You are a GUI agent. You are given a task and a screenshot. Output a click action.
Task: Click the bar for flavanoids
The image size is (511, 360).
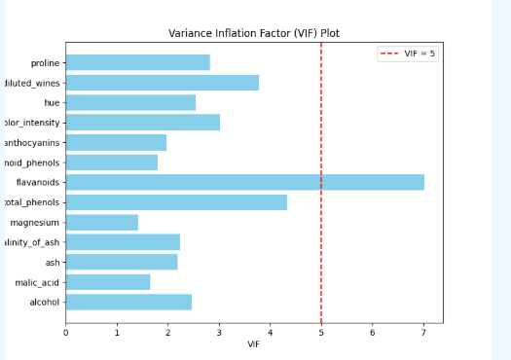pos(244,182)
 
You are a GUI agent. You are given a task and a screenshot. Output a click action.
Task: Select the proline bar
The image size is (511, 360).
pos(137,62)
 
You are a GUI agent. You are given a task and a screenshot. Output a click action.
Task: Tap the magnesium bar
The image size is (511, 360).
pos(102,222)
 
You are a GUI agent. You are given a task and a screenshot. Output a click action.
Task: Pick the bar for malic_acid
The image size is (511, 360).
pos(108,282)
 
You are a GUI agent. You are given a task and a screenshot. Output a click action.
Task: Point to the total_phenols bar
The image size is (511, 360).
pos(176,202)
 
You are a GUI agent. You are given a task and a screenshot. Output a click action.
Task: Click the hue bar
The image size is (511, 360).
pos(130,102)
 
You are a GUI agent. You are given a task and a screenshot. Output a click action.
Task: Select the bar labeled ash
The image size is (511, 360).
pos(122,262)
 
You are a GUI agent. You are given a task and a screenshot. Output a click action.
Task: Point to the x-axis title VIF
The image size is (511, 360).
pos(254,344)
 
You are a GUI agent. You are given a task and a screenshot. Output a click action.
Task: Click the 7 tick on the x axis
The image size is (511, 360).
pos(423,332)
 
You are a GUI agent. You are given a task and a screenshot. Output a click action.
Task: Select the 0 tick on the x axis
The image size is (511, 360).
pos(65,332)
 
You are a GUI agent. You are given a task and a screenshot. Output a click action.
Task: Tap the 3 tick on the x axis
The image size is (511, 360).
pos(219,332)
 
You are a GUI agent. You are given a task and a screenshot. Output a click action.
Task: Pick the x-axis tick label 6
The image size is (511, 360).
pos(373,332)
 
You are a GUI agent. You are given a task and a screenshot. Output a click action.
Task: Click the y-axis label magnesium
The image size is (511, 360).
pos(36,222)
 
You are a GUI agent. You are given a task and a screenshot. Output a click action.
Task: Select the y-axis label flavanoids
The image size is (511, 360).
pos(38,182)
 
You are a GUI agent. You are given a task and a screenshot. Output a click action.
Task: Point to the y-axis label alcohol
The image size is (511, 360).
pos(45,302)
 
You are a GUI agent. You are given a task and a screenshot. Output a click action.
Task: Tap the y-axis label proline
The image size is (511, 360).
pos(45,62)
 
